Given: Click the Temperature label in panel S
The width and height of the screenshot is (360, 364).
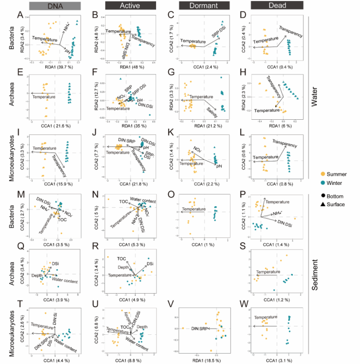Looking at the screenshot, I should pos(268,271).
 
